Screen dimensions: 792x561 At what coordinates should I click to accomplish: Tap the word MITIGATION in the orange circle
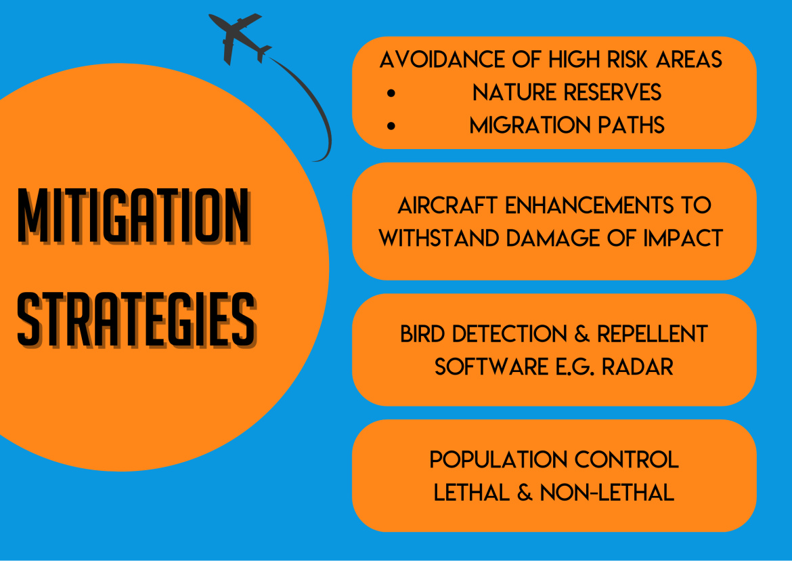click(134, 216)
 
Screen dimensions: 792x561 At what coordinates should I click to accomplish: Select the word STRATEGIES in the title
click(137, 319)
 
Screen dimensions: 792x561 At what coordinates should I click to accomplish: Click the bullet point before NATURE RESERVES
click(391, 93)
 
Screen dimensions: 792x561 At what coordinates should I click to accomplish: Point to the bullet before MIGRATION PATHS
click(391, 126)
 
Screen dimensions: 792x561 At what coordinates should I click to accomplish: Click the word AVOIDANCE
click(442, 60)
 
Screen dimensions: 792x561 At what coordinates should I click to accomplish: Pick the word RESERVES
click(613, 93)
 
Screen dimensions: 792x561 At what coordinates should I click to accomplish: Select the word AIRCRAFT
click(447, 206)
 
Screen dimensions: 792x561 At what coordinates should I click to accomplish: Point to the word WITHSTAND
click(439, 238)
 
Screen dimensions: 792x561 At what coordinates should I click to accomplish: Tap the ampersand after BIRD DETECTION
click(582, 334)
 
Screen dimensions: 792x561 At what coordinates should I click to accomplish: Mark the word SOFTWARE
click(491, 367)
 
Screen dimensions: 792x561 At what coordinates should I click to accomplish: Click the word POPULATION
click(498, 460)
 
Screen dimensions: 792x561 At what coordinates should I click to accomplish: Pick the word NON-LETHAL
click(607, 493)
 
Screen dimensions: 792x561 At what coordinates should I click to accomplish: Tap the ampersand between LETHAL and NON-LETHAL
click(525, 493)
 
